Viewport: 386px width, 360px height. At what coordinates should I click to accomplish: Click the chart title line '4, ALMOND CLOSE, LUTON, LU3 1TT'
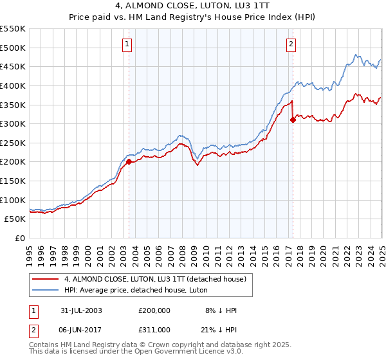coord(192,7)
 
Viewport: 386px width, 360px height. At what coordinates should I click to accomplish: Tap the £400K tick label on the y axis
coord(13,85)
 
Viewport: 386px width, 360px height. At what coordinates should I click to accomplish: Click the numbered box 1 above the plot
coord(127,44)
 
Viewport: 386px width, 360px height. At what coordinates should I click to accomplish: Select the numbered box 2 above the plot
coord(291,44)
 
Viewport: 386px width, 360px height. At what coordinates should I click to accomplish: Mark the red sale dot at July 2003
coord(129,162)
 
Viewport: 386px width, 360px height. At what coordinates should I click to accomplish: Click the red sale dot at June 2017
coord(293,120)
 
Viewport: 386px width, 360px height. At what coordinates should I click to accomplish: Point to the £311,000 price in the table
coord(154,329)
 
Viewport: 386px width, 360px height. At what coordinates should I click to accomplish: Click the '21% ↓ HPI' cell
coord(221,329)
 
